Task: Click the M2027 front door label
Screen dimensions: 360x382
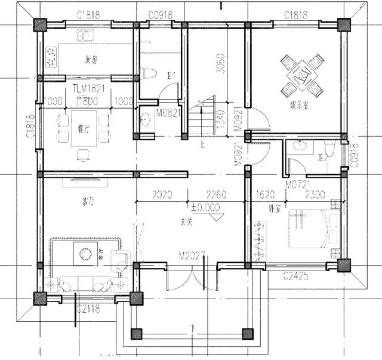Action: [192, 256]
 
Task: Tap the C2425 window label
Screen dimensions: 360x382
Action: [297, 276]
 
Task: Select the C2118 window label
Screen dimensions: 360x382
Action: [88, 309]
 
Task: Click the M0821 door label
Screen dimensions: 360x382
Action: [168, 113]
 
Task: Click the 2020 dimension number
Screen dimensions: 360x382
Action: [162, 195]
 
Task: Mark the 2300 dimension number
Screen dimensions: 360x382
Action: [315, 195]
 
